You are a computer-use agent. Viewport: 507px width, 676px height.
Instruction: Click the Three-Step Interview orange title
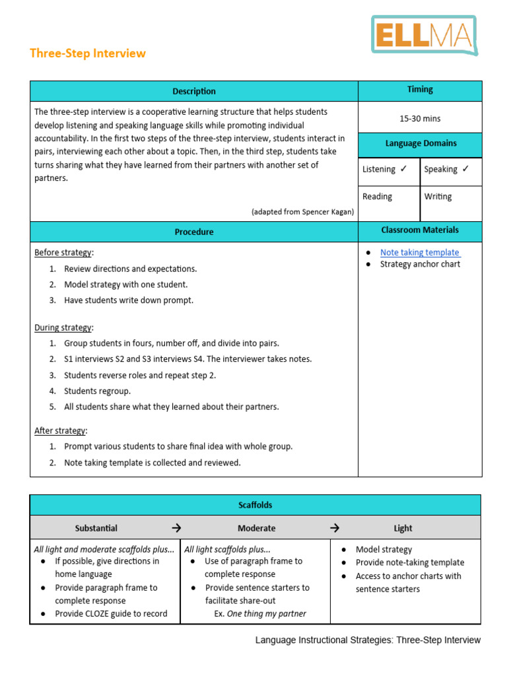(88, 53)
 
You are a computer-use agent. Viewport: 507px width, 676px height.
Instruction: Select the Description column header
(194, 91)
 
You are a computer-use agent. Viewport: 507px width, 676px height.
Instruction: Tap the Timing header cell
(420, 89)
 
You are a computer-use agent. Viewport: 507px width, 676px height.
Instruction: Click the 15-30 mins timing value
(420, 119)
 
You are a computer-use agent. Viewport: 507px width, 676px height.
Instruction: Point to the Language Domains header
(420, 143)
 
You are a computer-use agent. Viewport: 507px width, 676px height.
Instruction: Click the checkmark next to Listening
(403, 169)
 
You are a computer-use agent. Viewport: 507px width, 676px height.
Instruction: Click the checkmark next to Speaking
(465, 169)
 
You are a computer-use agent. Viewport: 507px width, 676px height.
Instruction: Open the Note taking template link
(420, 252)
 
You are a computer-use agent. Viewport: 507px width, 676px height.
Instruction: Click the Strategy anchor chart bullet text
(420, 264)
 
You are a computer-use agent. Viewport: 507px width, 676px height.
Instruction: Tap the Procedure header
(194, 232)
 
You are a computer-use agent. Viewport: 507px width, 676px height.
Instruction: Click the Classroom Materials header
(420, 230)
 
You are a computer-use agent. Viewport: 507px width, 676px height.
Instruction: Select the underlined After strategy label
(60, 430)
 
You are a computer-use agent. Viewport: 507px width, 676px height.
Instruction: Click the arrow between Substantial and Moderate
(176, 528)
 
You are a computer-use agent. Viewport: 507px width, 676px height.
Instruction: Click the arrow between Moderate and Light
(335, 528)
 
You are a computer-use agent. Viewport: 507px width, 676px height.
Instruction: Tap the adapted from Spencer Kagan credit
(302, 211)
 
